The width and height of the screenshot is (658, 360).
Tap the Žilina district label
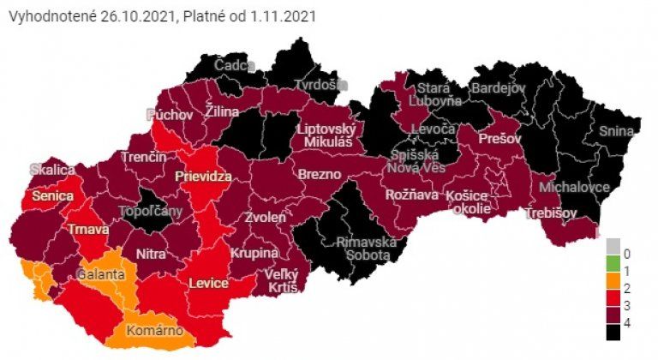(x=223, y=111)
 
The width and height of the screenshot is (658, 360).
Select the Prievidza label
(x=204, y=176)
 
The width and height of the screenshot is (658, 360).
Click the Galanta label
(x=100, y=275)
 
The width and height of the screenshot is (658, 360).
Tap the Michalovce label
(x=574, y=186)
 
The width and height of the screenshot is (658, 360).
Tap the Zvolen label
(x=265, y=218)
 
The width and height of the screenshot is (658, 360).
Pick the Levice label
(x=208, y=283)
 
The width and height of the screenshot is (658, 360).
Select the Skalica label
(x=52, y=170)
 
